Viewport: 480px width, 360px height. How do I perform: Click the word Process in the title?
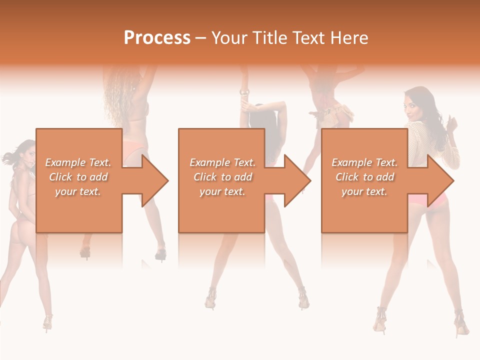point(157,37)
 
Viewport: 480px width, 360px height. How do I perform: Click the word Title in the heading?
point(268,38)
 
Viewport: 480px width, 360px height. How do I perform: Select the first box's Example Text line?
point(78,162)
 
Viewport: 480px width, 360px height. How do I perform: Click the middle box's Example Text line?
point(222,162)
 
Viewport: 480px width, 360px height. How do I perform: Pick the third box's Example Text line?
point(364,162)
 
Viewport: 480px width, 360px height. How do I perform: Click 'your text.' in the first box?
point(78,191)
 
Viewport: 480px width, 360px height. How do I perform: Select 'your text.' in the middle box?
point(222,191)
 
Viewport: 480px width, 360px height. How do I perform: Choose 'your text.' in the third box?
point(364,191)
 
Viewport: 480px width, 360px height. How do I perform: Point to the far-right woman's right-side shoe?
point(461,324)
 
